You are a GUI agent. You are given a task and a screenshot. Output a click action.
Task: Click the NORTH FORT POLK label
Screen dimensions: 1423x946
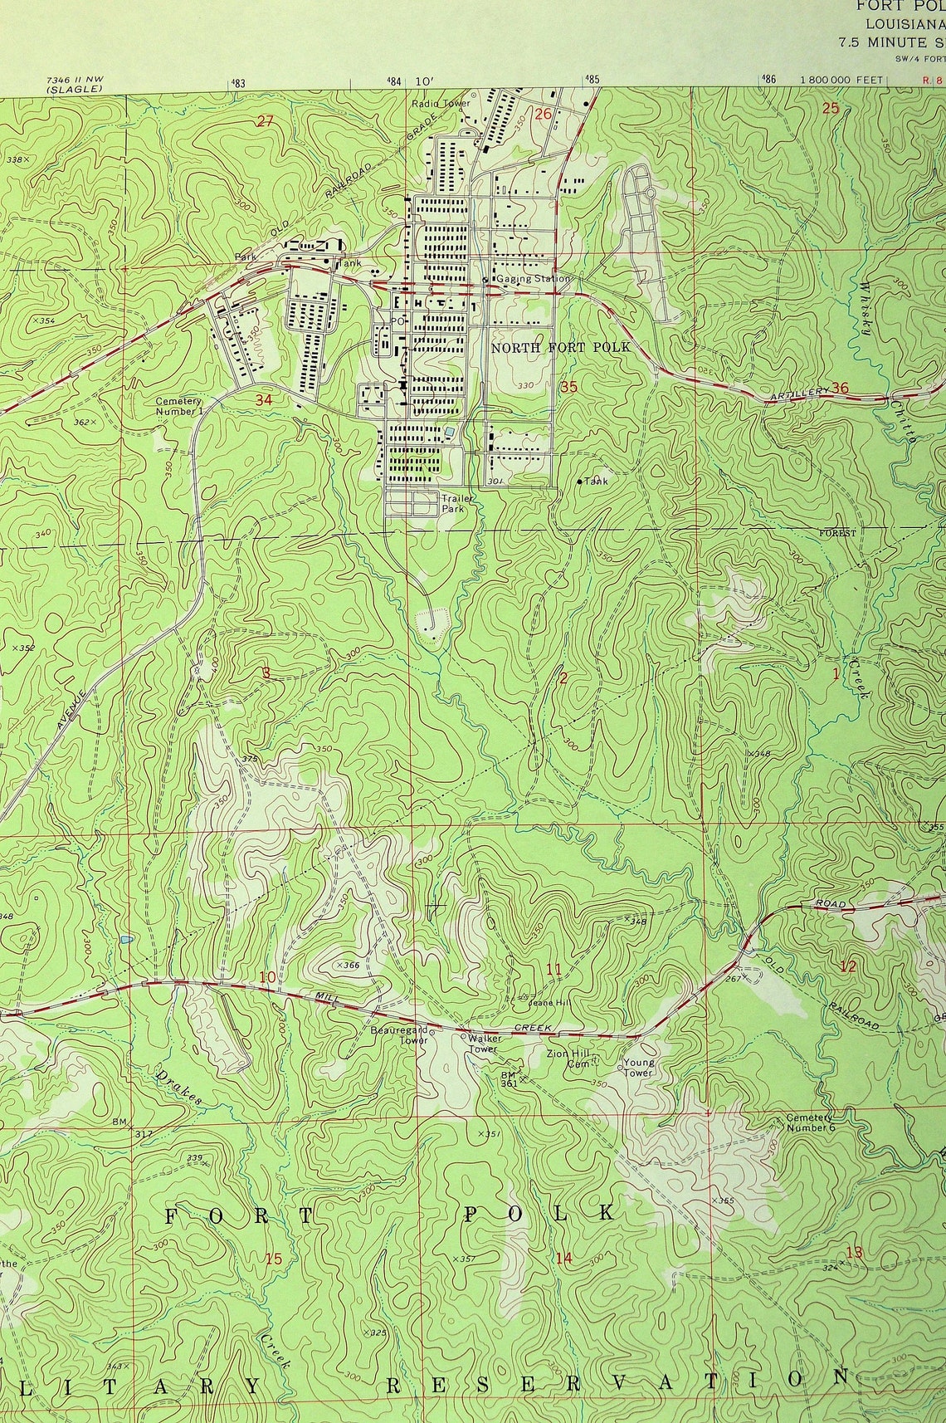click(x=560, y=347)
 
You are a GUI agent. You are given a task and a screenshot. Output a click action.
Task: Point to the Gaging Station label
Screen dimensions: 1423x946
click(x=534, y=279)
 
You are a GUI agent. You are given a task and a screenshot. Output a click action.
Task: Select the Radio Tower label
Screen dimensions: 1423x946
click(x=441, y=104)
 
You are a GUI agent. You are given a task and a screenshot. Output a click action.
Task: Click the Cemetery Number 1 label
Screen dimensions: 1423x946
click(x=178, y=406)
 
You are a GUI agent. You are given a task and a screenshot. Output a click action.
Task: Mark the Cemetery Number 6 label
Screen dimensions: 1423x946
click(x=809, y=1122)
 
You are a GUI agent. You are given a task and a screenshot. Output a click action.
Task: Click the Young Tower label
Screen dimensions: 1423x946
click(x=639, y=1067)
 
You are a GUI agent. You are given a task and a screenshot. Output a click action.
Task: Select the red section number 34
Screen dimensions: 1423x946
click(x=264, y=400)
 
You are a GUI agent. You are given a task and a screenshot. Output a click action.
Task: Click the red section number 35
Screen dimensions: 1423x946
click(x=568, y=387)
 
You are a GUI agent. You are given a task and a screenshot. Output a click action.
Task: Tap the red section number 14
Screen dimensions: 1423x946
click(x=564, y=1258)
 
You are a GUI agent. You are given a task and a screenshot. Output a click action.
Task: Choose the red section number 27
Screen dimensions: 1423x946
click(x=265, y=121)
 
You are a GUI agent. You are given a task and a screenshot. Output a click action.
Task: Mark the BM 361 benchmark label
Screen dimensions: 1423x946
click(x=509, y=1078)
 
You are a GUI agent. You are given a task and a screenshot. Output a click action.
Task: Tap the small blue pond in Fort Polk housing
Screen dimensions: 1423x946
click(x=449, y=432)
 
